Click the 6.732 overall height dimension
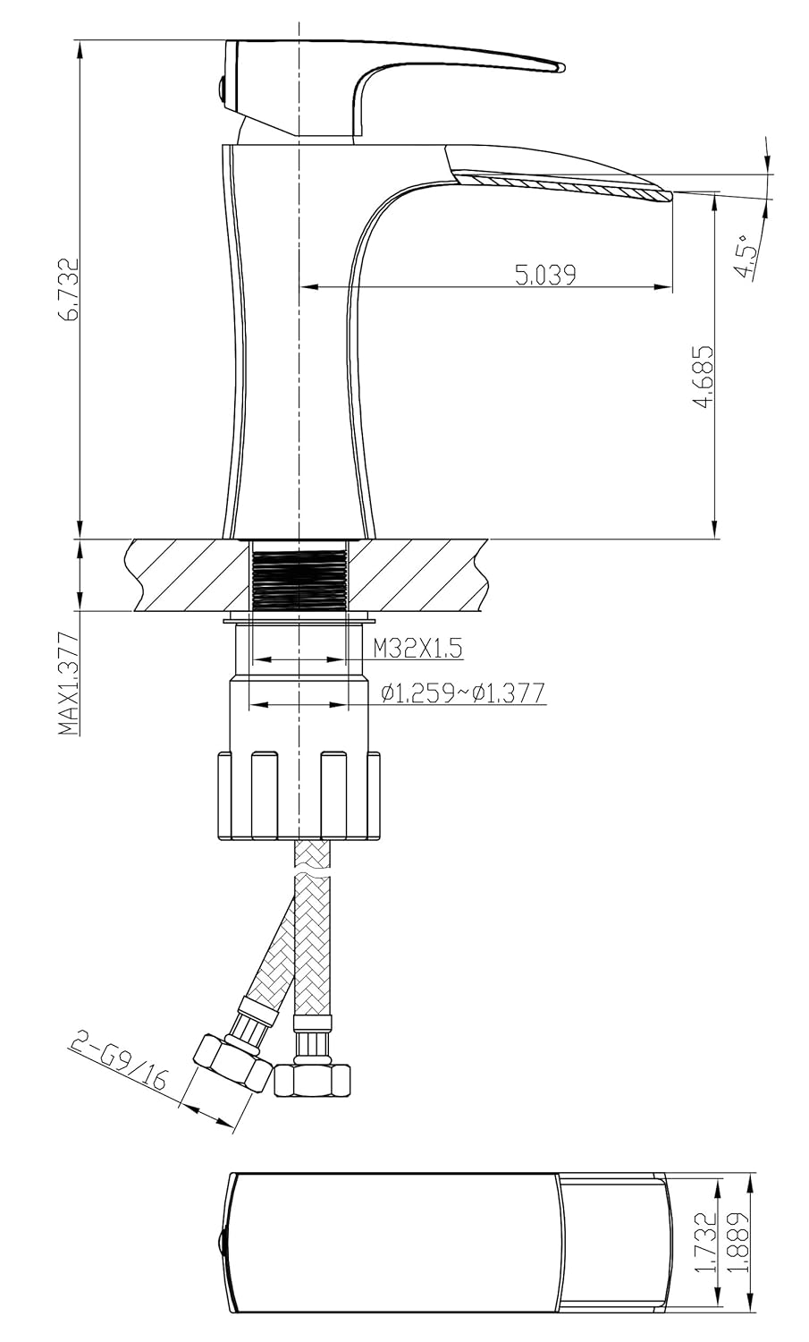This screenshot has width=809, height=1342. point(71,290)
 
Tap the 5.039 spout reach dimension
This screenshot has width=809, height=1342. point(545,275)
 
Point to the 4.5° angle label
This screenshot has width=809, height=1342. point(748,255)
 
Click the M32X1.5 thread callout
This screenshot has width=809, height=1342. point(418,649)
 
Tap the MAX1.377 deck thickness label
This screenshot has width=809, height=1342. point(69,683)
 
